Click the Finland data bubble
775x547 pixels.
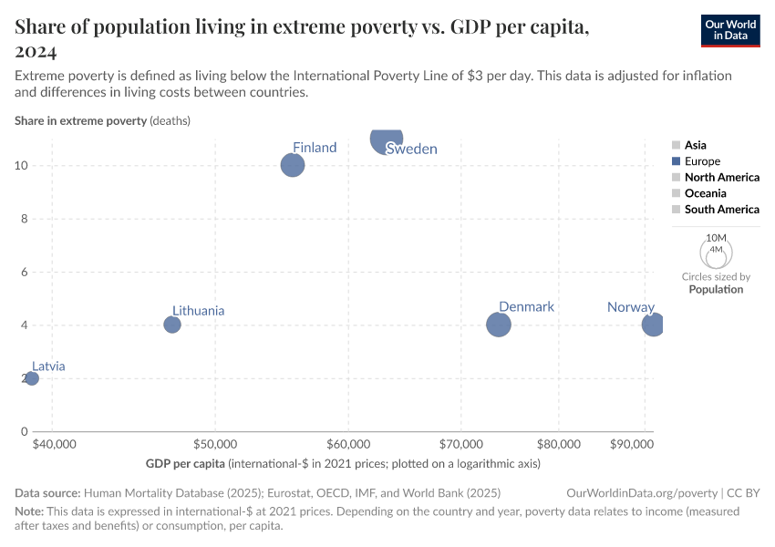pyautogui.click(x=292, y=165)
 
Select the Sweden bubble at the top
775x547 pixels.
pyautogui.click(x=387, y=139)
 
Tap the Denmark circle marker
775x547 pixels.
pyautogui.click(x=498, y=324)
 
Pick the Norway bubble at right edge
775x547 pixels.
pyautogui.click(x=653, y=324)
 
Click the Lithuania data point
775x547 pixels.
pyautogui.click(x=172, y=325)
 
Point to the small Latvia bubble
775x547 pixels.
pyautogui.click(x=32, y=378)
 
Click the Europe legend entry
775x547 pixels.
pyautogui.click(x=702, y=161)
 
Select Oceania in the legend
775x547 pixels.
pyautogui.click(x=705, y=193)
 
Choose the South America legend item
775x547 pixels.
pyautogui.click(x=721, y=210)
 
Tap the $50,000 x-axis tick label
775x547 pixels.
pyautogui.click(x=216, y=444)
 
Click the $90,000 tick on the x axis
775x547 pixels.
pyautogui.click(x=631, y=444)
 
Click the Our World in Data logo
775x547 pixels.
pyautogui.click(x=730, y=30)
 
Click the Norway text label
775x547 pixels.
pyautogui.click(x=631, y=307)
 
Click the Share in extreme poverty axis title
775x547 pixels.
pyautogui.click(x=80, y=120)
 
